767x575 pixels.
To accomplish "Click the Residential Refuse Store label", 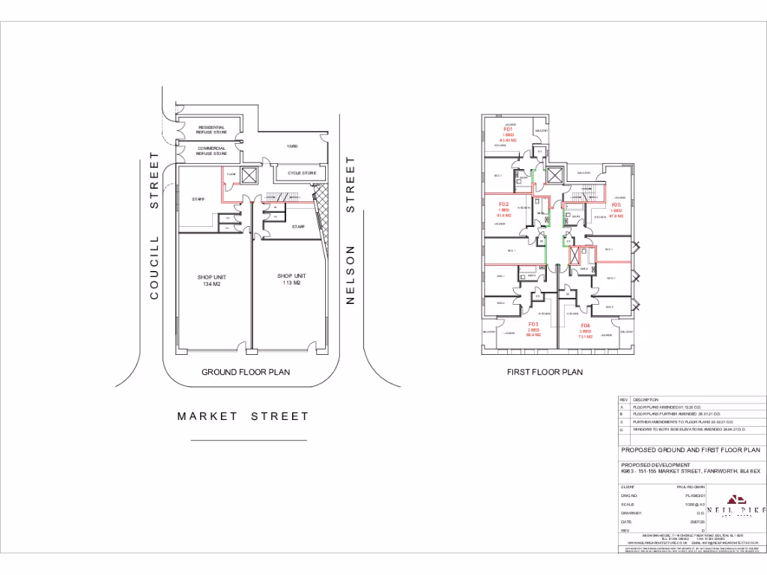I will (x=211, y=130).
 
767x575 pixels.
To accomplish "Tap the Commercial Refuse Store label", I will (x=211, y=150).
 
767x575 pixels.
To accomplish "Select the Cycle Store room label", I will (x=302, y=173).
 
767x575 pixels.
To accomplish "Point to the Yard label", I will (x=293, y=146).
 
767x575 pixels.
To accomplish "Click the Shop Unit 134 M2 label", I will (x=212, y=281).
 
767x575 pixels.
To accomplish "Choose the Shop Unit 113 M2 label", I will (x=291, y=279).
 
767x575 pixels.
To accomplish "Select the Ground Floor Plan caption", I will (x=246, y=372).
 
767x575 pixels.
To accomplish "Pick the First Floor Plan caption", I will (x=545, y=372).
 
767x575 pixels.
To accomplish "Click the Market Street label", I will (x=243, y=416).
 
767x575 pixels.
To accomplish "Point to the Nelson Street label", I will (x=349, y=230).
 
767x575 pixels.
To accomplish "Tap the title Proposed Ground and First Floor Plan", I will (x=690, y=450).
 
